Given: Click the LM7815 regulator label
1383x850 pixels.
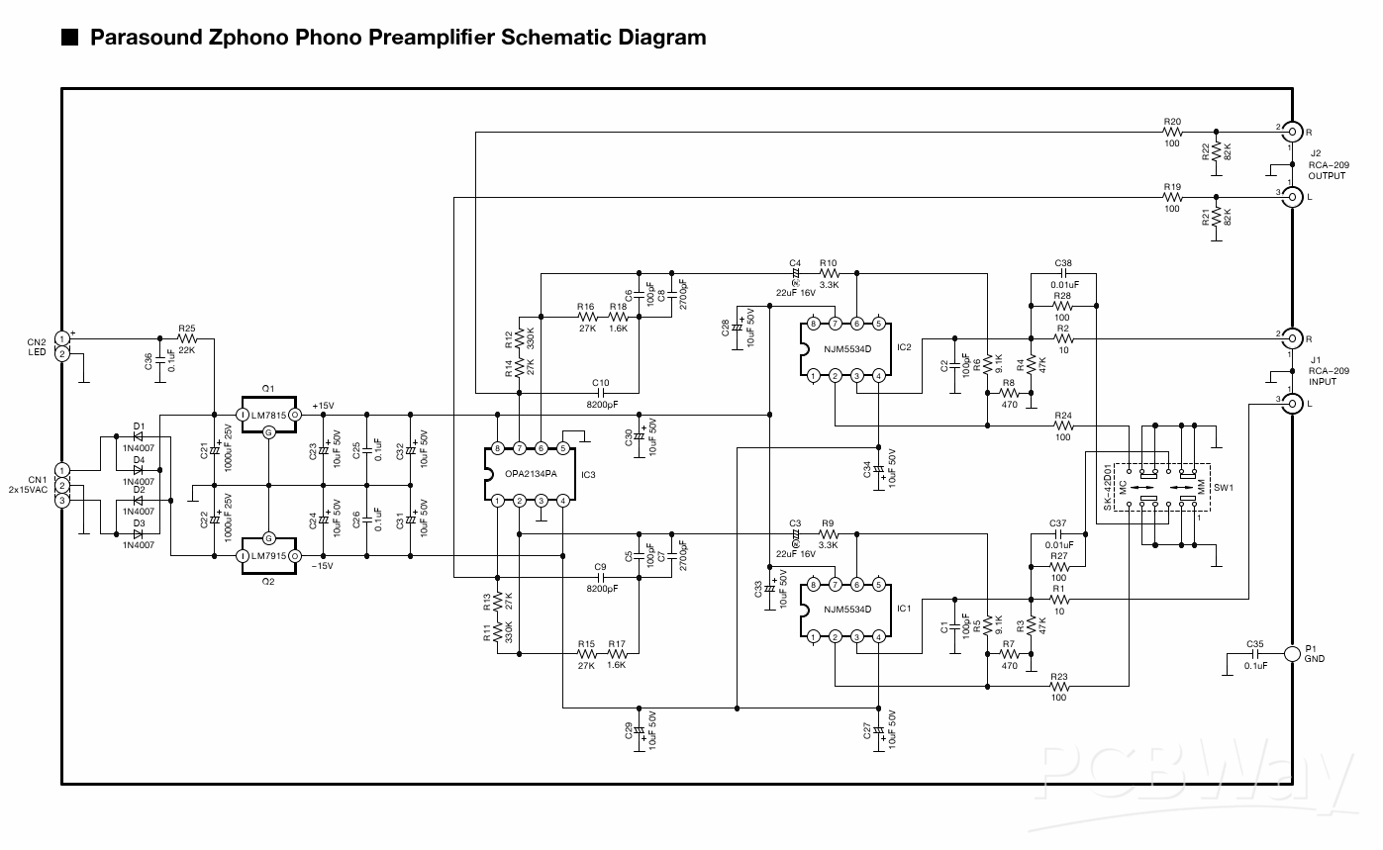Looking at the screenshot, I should (269, 416).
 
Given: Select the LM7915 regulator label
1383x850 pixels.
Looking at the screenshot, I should (269, 556).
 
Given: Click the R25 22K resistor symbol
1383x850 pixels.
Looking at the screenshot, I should (187, 339).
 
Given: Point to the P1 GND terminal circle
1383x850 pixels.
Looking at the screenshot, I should (1291, 653).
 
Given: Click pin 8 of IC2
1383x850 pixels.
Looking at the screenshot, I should (813, 324).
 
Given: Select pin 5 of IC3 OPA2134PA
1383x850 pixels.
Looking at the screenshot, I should (562, 448).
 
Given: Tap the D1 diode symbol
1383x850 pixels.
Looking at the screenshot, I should (139, 435).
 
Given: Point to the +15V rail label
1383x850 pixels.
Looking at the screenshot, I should (324, 406).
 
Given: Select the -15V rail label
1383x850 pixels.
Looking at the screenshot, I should (324, 566).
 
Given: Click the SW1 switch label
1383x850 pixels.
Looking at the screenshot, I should (1224, 489).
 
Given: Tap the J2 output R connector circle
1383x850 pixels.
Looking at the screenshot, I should (1291, 131).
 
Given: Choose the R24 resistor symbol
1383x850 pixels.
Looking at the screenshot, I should (1062, 425).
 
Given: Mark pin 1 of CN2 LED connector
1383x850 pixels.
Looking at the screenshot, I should (62, 338).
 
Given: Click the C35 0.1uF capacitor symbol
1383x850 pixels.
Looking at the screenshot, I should (1255, 653).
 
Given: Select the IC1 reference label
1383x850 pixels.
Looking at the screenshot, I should (902, 609).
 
